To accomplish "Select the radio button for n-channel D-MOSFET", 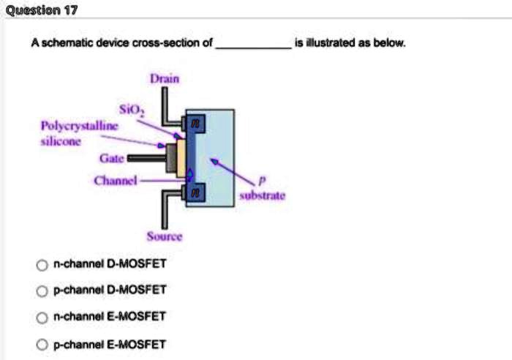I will tap(42, 264).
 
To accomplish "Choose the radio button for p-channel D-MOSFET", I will tap(42, 290).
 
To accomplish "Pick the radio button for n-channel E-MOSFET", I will tap(42, 317).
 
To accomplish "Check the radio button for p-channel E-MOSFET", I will tap(42, 344).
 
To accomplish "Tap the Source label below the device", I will tap(165, 236).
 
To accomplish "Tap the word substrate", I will tap(255, 196).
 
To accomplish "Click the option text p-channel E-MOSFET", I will tap(111, 344).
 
